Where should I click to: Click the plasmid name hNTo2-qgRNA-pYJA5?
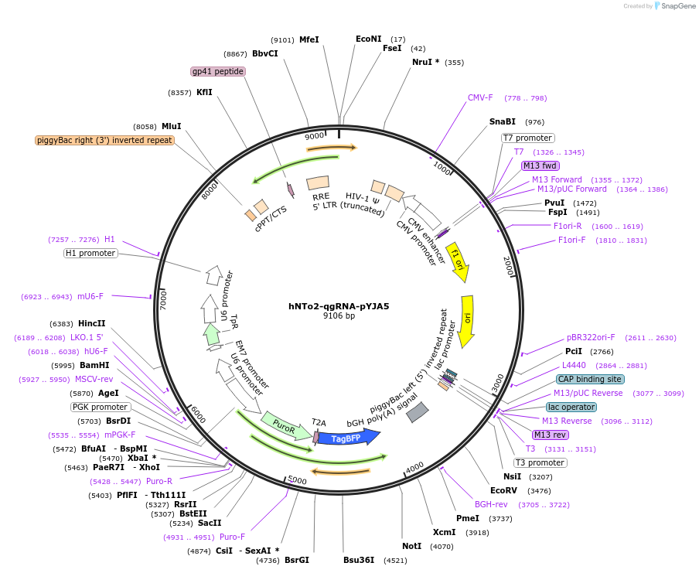[x=339, y=306]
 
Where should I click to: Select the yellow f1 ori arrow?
[x=458, y=258]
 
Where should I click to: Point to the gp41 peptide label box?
[x=218, y=71]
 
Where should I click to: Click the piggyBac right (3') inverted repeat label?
[x=104, y=140]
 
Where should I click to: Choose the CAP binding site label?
[x=590, y=379]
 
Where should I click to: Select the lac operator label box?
[x=571, y=407]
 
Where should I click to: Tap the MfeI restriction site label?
[x=309, y=39]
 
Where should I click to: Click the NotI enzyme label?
[x=411, y=546]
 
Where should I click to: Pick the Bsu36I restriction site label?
[x=359, y=560]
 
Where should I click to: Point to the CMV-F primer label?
[x=480, y=98]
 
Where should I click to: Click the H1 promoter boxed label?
[x=90, y=253]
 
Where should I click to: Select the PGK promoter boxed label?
[x=101, y=407]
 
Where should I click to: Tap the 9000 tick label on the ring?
[x=314, y=136]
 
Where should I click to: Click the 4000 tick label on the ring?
[x=414, y=467]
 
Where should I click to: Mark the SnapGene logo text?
[x=675, y=6]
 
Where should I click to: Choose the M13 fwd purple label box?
[x=540, y=165]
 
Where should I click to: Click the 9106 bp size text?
[x=339, y=315]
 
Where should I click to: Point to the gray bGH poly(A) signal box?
[x=418, y=412]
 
